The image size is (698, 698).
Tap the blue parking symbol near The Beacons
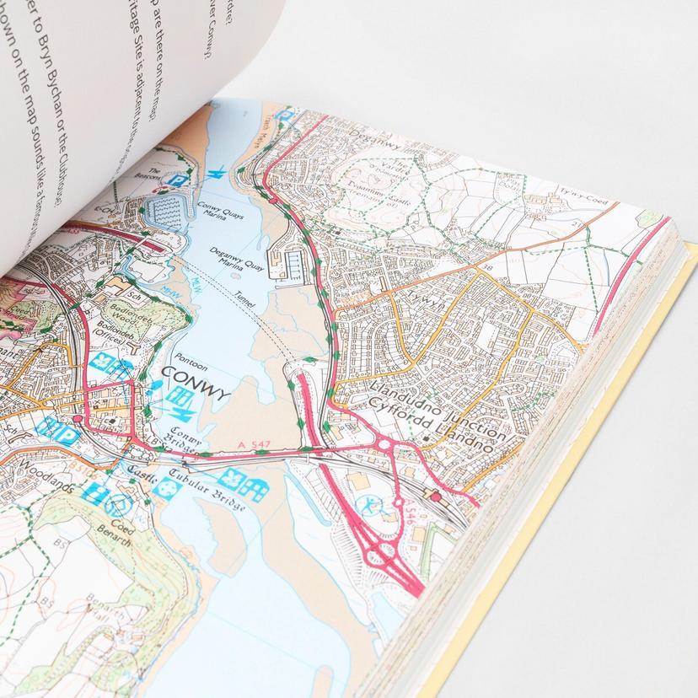click(177, 180)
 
